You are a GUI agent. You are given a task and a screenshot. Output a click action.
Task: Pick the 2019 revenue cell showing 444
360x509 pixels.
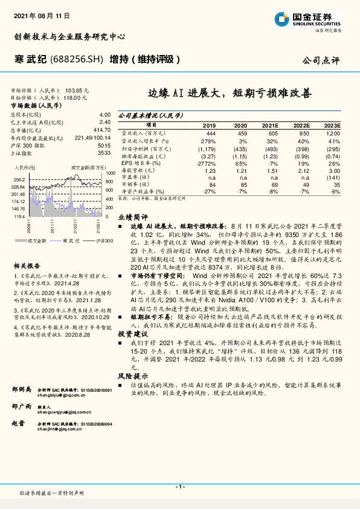pyautogui.click(x=211, y=132)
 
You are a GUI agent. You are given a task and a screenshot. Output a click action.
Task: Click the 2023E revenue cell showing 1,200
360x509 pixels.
pyautogui.click(x=333, y=132)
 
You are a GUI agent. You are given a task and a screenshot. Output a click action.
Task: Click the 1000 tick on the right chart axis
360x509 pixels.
pyautogui.click(x=109, y=173)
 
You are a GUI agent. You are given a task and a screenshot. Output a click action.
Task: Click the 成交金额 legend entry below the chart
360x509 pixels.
pyautogui.click(x=38, y=241)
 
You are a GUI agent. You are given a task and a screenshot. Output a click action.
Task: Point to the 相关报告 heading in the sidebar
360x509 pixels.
pyautogui.click(x=27, y=265)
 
